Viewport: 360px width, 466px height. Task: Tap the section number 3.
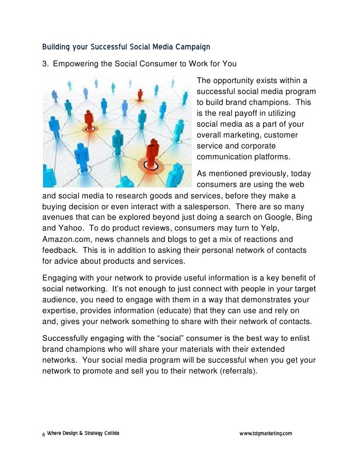(45, 64)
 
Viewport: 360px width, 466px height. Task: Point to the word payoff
(247, 113)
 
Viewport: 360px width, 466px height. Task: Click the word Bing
(304, 217)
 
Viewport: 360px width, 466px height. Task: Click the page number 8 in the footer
(44, 434)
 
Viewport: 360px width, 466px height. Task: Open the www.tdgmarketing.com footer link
(266, 434)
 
